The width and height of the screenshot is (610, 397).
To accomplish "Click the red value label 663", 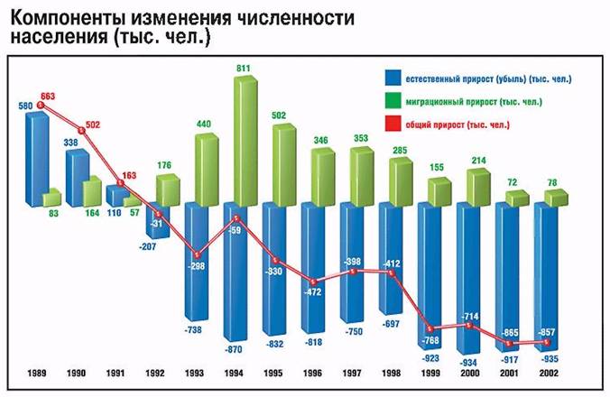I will pos(48,95).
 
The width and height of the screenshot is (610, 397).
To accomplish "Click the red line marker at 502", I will pos(81,130).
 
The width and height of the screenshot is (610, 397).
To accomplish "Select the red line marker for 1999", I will pos(432,328).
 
